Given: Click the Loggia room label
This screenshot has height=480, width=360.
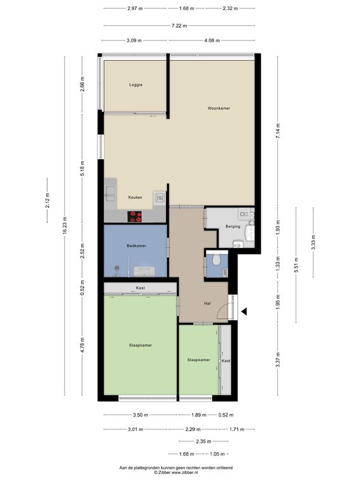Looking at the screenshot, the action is (x=136, y=85).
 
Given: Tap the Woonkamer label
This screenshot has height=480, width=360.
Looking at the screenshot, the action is (x=219, y=108).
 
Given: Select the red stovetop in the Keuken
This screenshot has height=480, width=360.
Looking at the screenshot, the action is (x=134, y=217).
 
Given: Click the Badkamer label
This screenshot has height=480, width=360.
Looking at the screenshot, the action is (x=136, y=245).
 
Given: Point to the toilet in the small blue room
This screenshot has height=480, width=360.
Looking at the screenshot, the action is (x=217, y=259).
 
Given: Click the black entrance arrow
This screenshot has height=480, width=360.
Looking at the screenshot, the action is (x=244, y=312).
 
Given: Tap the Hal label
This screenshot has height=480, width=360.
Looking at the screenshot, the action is (x=207, y=303).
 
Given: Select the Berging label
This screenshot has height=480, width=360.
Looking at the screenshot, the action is (x=233, y=227).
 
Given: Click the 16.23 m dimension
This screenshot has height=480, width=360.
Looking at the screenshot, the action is (x=65, y=226).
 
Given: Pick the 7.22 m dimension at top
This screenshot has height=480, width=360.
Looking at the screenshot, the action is (x=179, y=26).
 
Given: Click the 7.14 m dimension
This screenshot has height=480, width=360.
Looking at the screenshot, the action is (x=278, y=131).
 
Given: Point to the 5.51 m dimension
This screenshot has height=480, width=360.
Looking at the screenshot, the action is (x=296, y=265).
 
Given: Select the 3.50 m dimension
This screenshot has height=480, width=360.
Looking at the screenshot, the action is (x=141, y=415).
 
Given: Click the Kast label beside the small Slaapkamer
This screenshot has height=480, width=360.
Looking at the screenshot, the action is (x=226, y=361).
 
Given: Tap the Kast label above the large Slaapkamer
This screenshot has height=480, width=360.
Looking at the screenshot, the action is (x=141, y=288).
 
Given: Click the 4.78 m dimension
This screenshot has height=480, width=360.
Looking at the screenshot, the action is (x=82, y=345).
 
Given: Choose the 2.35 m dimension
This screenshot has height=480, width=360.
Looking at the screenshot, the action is (x=204, y=441).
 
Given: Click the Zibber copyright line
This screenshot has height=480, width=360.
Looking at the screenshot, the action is (x=176, y=472).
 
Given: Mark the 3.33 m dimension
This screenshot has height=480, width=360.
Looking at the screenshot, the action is (x=313, y=242).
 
